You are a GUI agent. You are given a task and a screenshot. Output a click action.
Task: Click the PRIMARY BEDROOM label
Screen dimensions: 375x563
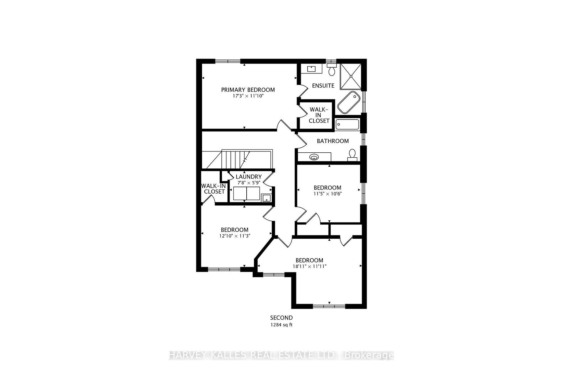tap(248, 90)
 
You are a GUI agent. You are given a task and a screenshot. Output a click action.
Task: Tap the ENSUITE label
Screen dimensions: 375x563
tap(323, 86)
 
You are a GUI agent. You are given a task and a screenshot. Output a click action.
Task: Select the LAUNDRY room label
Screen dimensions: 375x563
tap(249, 177)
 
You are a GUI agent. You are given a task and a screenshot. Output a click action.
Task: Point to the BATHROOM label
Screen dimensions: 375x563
tap(333, 141)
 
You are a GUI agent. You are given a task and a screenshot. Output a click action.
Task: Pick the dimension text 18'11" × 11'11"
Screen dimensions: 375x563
tap(309, 266)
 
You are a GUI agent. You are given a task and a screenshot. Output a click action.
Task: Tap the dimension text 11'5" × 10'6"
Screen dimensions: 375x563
tap(328, 194)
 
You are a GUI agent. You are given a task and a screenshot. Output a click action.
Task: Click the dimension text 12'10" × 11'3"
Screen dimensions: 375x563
tap(235, 236)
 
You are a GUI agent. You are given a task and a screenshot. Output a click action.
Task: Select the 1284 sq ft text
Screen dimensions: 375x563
tap(281, 325)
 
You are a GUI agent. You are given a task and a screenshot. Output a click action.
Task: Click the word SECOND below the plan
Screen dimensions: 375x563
tap(281, 318)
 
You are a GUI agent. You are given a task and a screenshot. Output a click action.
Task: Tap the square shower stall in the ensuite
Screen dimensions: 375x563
tap(351, 76)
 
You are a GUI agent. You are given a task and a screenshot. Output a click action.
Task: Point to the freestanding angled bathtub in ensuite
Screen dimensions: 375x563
tap(349, 103)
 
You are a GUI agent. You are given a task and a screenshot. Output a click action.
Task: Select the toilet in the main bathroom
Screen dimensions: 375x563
tap(352, 155)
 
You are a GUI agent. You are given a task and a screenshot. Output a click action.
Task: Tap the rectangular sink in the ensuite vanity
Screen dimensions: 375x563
tap(311, 69)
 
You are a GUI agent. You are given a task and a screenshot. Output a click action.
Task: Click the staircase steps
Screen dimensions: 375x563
tap(235, 160)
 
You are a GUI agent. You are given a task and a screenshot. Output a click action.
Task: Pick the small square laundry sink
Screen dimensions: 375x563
tap(266, 198)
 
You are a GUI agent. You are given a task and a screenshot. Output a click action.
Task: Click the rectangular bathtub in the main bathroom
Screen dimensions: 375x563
tap(347, 125)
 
